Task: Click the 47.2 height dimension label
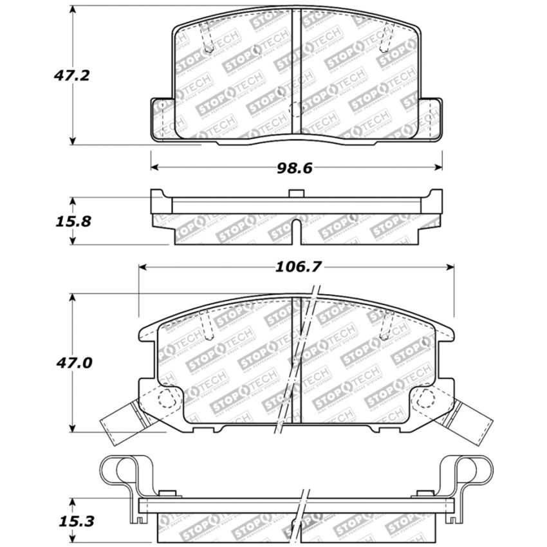tap(71, 75)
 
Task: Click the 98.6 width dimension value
tap(294, 168)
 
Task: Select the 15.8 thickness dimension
tap(72, 221)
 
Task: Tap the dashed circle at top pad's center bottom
tap(296, 109)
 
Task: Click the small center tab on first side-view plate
tap(296, 193)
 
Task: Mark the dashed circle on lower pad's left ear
tap(168, 400)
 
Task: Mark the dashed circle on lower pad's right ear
tap(423, 400)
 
